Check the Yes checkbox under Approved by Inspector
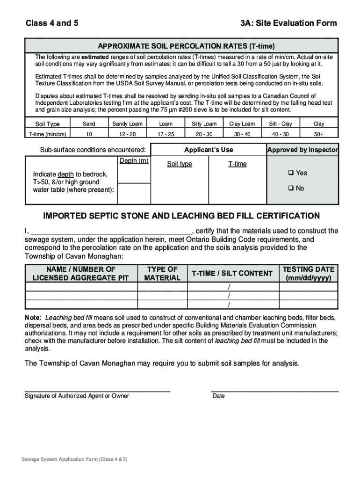(x=290, y=173)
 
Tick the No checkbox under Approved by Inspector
(x=290, y=189)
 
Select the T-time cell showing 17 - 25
(x=166, y=134)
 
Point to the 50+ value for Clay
(x=319, y=134)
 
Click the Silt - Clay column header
(x=281, y=124)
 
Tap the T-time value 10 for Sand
(x=89, y=134)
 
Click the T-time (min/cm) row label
(x=48, y=134)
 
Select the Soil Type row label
(x=48, y=124)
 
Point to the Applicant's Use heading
(x=209, y=150)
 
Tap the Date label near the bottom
(x=218, y=396)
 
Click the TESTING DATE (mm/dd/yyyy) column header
(x=309, y=273)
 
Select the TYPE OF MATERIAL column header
(x=162, y=273)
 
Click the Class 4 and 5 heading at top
(x=52, y=23)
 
